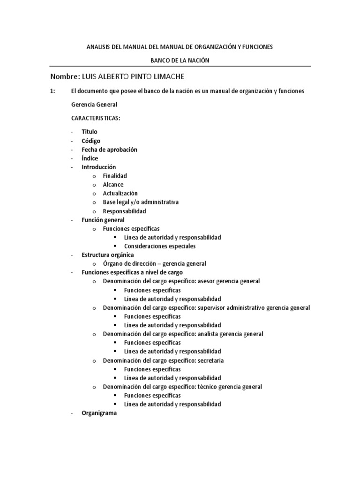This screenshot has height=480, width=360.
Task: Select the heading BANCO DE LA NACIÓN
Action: (180, 60)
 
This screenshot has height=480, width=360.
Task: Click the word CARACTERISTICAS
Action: (96, 118)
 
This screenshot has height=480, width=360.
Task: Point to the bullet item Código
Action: (91, 141)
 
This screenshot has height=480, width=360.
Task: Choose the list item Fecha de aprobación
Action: (109, 150)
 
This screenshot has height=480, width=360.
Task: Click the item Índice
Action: (90, 158)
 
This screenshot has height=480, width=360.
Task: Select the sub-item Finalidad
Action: (115, 176)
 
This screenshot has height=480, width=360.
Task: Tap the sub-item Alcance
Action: (113, 185)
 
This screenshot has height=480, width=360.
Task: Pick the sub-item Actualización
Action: (120, 193)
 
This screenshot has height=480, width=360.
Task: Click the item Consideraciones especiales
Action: (160, 246)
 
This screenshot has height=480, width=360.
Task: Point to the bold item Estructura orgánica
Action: (108, 255)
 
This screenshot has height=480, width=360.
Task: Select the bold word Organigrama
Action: (99, 413)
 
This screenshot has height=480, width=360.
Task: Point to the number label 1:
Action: (53, 91)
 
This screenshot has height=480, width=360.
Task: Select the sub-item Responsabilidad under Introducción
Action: (125, 211)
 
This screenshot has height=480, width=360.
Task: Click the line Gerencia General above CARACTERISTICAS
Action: (94, 105)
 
